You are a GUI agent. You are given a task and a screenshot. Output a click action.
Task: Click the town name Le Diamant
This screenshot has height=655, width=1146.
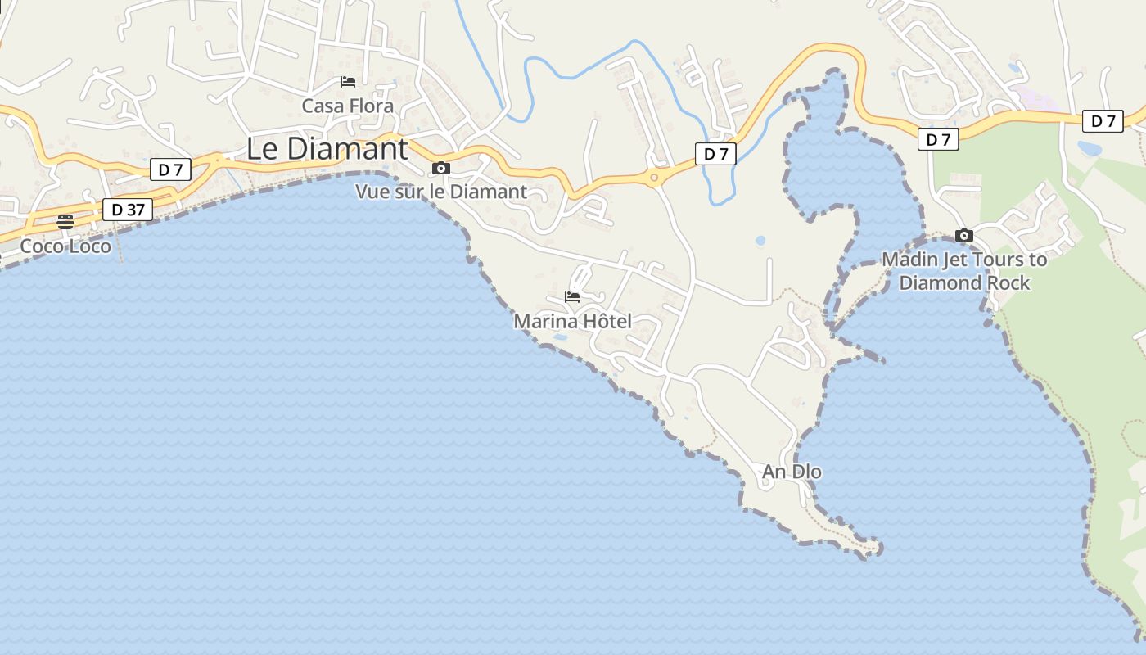pyautogui.click(x=327, y=149)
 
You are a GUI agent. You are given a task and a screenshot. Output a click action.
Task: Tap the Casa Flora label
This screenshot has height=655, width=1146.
pyautogui.click(x=347, y=106)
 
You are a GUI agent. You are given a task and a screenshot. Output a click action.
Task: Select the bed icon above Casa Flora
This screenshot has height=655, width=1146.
pyautogui.click(x=348, y=82)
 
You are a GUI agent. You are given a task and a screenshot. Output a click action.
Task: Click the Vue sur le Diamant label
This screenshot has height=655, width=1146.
pyautogui.click(x=440, y=192)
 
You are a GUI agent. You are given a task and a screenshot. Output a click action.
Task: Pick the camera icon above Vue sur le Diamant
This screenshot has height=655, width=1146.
pyautogui.click(x=441, y=169)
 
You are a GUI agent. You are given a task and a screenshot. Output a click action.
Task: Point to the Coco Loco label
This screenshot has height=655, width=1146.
pyautogui.click(x=65, y=246)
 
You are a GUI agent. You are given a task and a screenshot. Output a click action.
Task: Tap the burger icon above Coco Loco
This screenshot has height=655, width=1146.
pyautogui.click(x=65, y=221)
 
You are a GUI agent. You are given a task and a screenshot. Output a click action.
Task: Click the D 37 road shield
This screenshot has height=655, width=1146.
pyautogui.click(x=128, y=210)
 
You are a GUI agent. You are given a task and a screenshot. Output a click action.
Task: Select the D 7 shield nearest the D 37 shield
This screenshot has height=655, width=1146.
pyautogui.click(x=170, y=169)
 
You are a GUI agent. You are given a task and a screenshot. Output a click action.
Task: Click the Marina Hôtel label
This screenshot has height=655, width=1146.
pyautogui.click(x=572, y=322)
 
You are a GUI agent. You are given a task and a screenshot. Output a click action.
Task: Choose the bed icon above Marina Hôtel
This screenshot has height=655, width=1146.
pyautogui.click(x=572, y=297)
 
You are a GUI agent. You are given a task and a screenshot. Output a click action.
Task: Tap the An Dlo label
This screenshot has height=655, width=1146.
pyautogui.click(x=792, y=472)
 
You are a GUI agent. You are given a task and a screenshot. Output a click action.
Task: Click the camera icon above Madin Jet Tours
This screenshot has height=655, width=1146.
pyautogui.click(x=964, y=236)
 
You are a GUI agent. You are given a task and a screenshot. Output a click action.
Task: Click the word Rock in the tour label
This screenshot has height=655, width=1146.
pyautogui.click(x=1009, y=282)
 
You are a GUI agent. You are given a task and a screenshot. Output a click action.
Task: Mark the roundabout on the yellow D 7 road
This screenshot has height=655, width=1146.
pyautogui.click(x=654, y=177)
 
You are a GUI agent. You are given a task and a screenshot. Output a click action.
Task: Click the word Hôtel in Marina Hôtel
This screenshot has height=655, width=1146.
pyautogui.click(x=604, y=322)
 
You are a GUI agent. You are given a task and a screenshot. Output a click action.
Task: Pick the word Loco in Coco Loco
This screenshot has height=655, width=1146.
pyautogui.click(x=89, y=246)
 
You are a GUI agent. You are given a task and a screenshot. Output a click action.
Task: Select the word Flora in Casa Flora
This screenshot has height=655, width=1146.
pyautogui.click(x=371, y=106)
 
